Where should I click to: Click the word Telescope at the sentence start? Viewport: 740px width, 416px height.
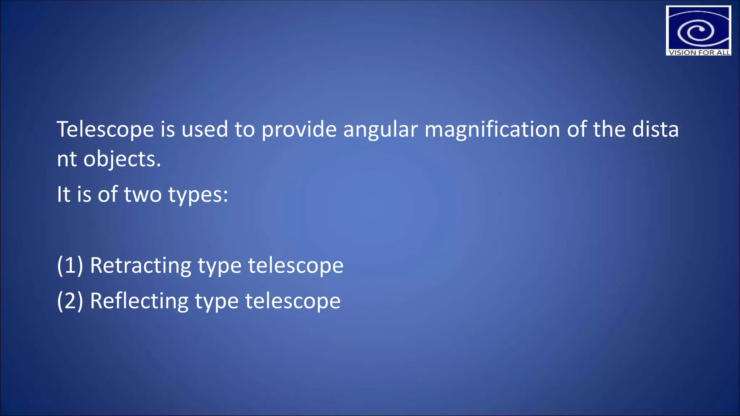click(105, 130)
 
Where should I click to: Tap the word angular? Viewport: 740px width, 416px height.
click(380, 130)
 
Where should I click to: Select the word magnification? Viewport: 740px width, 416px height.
click(492, 130)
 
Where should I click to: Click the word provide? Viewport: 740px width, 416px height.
click(299, 130)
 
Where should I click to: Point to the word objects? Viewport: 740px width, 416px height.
click(122, 159)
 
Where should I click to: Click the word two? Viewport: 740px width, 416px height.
click(143, 195)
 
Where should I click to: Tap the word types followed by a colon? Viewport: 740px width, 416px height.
click(198, 195)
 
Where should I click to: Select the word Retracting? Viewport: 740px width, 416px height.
click(141, 266)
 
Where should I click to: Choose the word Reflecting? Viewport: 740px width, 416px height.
click(139, 301)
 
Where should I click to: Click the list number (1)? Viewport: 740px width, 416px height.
click(70, 266)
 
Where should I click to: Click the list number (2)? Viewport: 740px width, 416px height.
click(70, 301)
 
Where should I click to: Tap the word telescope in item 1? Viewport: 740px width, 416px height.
click(295, 266)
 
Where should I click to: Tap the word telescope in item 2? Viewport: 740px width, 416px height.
click(293, 301)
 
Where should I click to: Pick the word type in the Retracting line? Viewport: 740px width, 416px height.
click(219, 266)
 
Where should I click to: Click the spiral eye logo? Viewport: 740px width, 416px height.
click(698, 29)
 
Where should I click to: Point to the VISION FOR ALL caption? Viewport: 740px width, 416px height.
click(699, 53)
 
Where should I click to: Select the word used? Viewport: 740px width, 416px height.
click(205, 130)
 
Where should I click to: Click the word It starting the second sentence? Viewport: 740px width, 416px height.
click(63, 195)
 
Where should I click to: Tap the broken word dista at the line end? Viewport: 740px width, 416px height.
click(655, 130)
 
